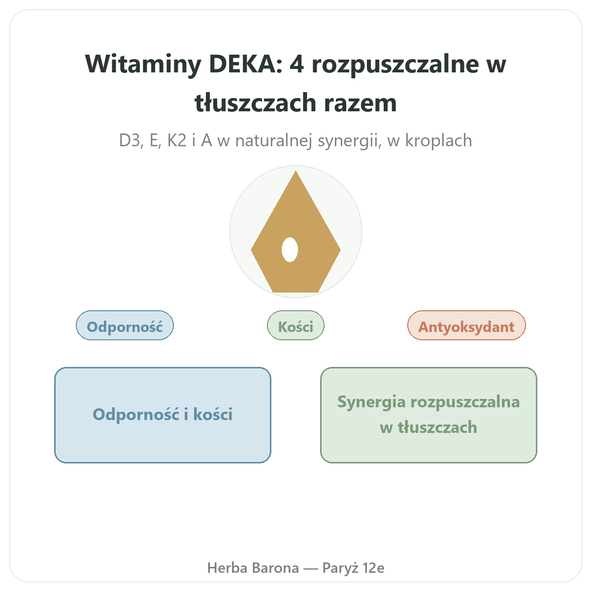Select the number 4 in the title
[296, 64]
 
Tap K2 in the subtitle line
[176, 140]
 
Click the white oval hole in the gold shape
[290, 250]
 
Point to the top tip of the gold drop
[295, 171]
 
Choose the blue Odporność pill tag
[125, 326]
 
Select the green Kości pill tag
[295, 326]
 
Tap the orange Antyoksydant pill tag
[466, 326]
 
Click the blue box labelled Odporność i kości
[163, 415]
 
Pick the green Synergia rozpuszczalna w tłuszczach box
[428, 415]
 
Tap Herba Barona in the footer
[253, 568]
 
